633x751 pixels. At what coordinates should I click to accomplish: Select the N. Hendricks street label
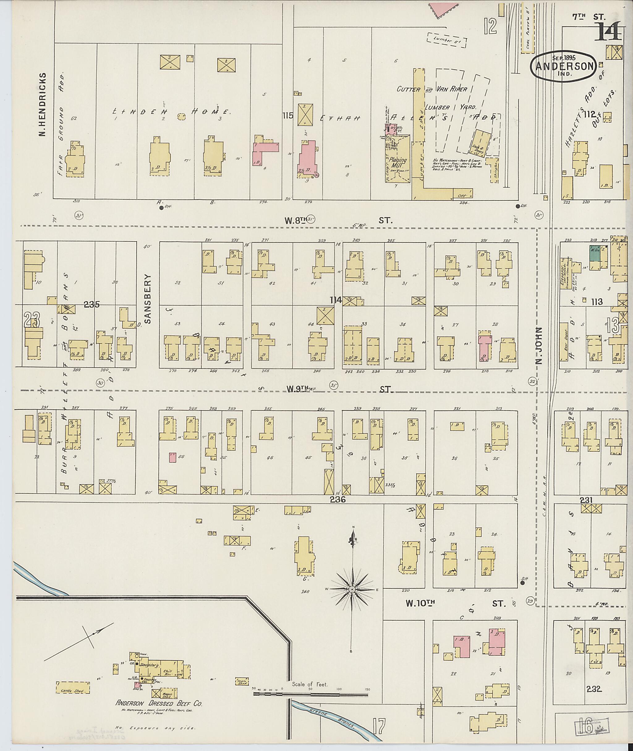43,105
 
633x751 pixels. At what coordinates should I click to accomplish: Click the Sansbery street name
148,299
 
